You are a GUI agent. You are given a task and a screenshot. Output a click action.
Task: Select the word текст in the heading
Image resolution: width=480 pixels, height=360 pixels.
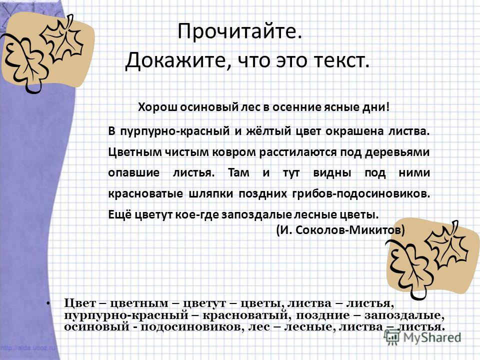click(x=337, y=60)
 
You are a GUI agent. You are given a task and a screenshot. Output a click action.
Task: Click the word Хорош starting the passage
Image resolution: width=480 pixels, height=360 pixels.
click(x=157, y=107)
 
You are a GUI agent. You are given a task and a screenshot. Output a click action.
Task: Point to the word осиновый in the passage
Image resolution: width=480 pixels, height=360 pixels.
click(x=210, y=107)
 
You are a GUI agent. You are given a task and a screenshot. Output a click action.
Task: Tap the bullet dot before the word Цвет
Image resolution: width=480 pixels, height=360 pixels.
click(x=48, y=303)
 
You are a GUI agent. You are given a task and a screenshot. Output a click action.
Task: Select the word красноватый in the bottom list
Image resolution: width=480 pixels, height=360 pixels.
click(x=245, y=315)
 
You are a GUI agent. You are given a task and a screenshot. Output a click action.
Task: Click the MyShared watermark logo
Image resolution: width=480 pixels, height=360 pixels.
click(x=422, y=337)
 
